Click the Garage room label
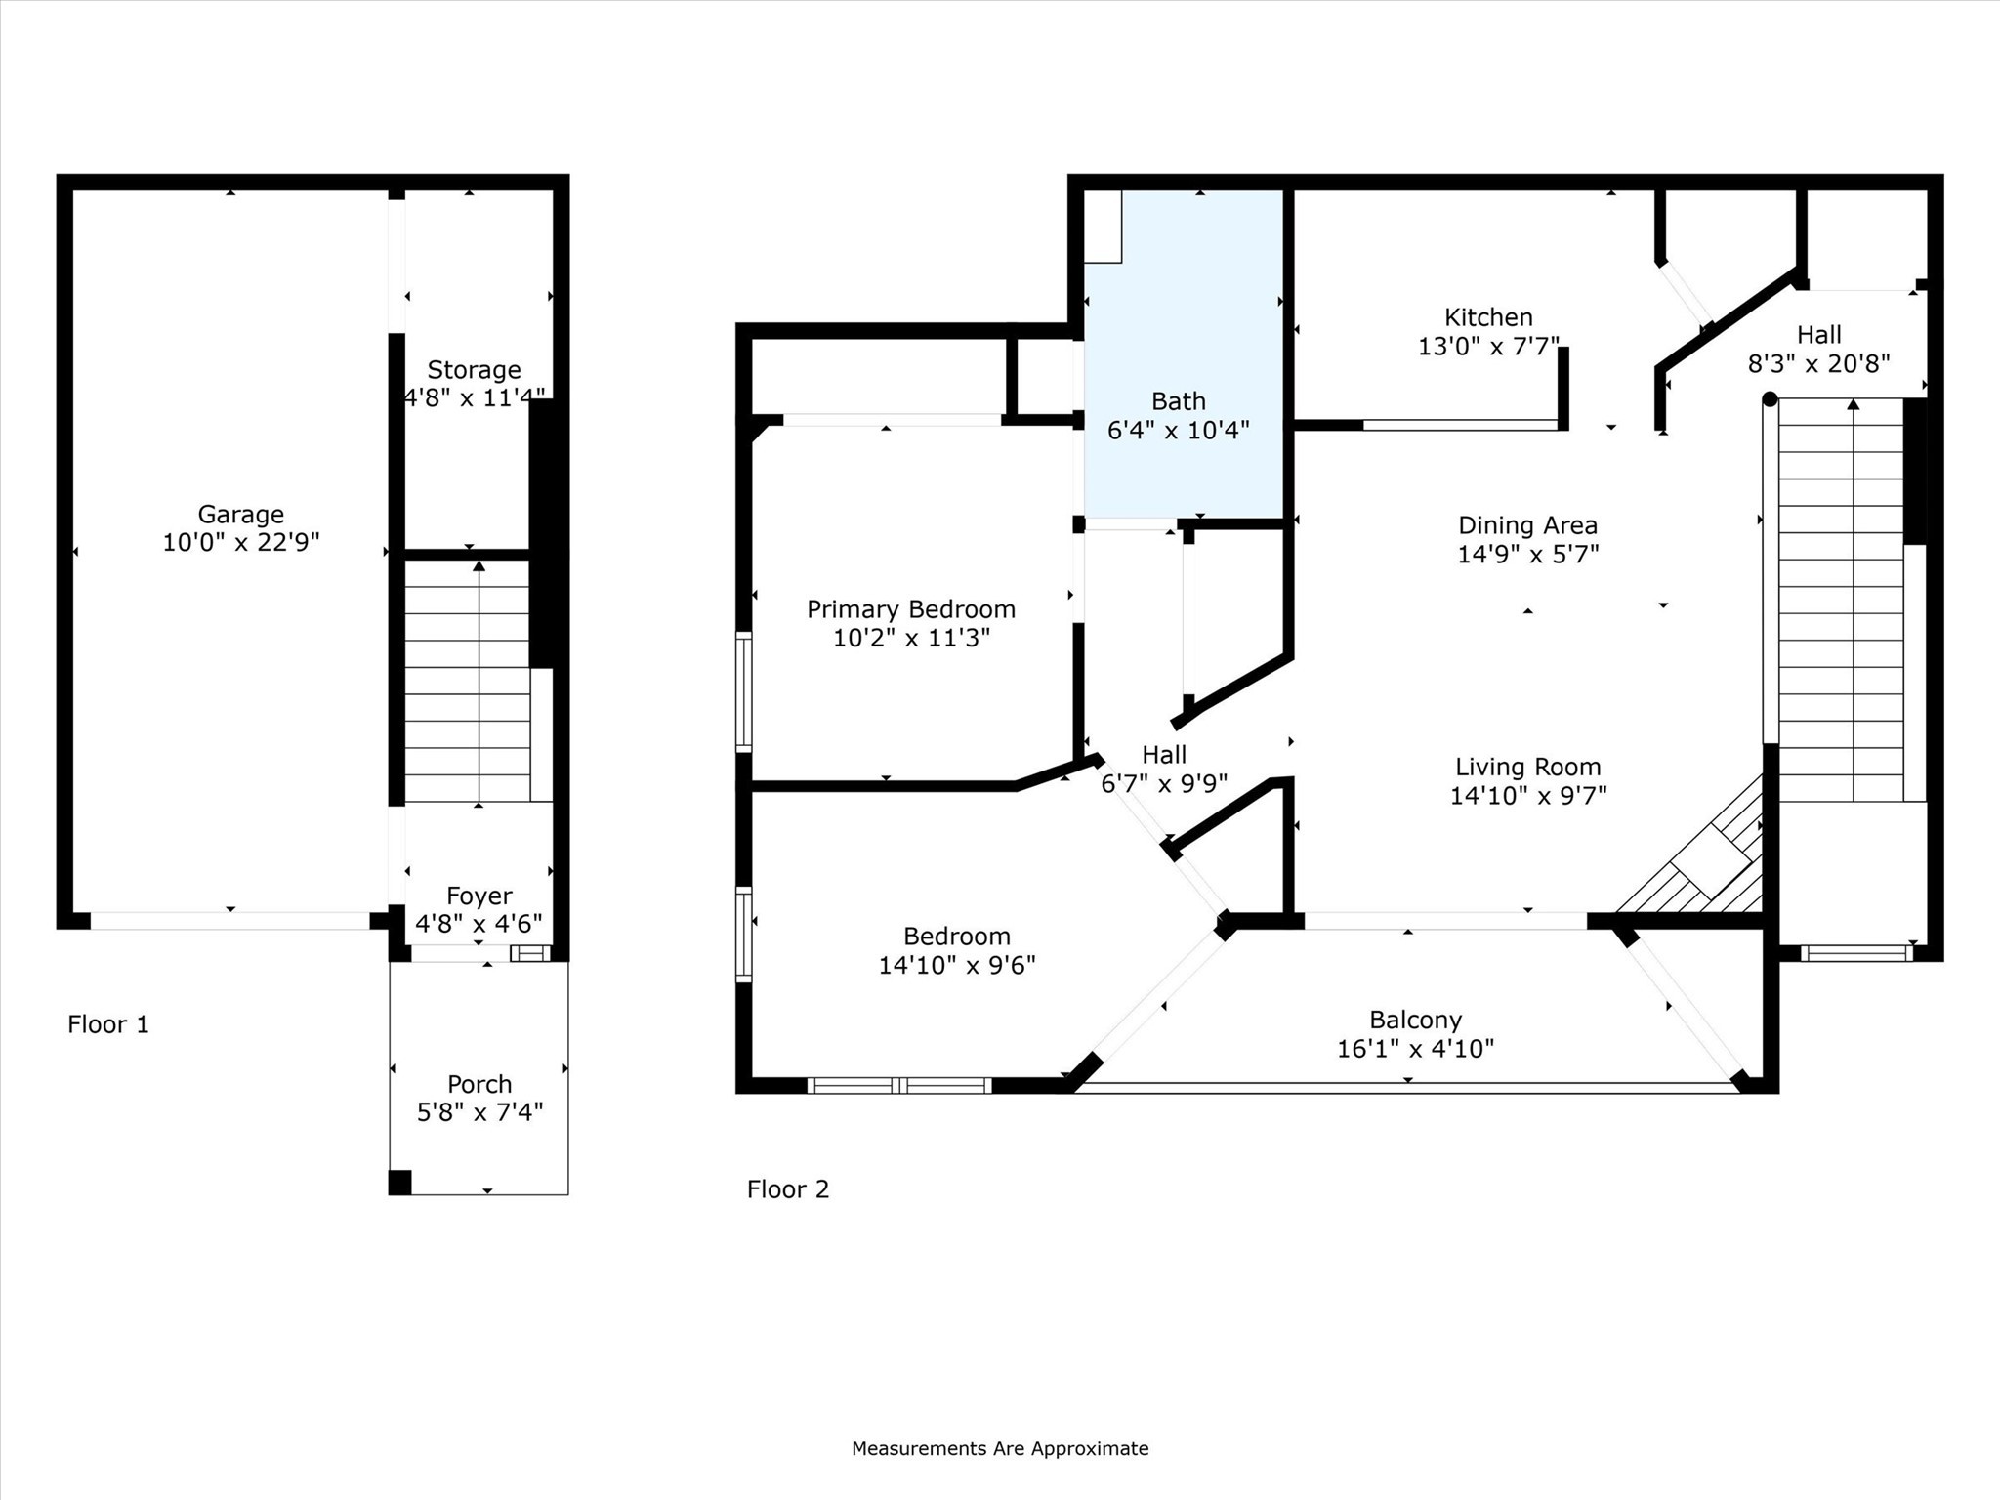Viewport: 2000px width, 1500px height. (240, 514)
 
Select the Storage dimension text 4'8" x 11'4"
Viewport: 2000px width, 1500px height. (475, 397)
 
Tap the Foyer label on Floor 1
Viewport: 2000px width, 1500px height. (479, 896)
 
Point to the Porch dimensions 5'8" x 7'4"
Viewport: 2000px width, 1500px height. (479, 1112)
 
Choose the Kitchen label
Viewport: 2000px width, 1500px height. (1488, 317)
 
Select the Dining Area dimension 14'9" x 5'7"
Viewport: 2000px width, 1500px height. (1527, 554)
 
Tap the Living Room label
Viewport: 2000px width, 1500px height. (1527, 767)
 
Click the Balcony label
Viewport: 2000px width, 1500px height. (1415, 1020)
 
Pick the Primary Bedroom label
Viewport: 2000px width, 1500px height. (910, 609)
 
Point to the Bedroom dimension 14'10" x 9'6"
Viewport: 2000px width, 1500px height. (956, 965)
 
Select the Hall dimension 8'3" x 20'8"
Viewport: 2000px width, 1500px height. (1818, 363)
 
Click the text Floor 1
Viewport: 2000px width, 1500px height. (108, 1024)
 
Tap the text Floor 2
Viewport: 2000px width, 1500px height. (787, 1189)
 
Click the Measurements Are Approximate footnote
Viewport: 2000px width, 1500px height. (999, 1448)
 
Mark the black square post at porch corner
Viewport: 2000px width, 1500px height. (399, 1182)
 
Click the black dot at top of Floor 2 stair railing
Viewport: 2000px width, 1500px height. (1770, 398)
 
